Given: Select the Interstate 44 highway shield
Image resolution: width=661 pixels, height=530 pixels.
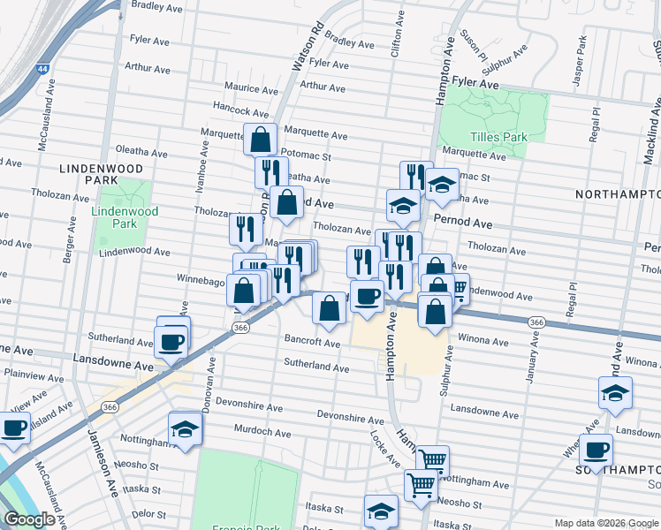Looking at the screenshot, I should point(42,68).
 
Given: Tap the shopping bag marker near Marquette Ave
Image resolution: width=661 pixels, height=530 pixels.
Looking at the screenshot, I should point(262,139).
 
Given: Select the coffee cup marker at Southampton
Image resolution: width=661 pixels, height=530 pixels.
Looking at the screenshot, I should point(597,450).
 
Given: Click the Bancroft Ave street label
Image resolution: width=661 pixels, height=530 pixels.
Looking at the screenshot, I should point(312,342).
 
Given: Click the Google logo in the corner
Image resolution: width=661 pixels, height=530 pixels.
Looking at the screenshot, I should point(30,519).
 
